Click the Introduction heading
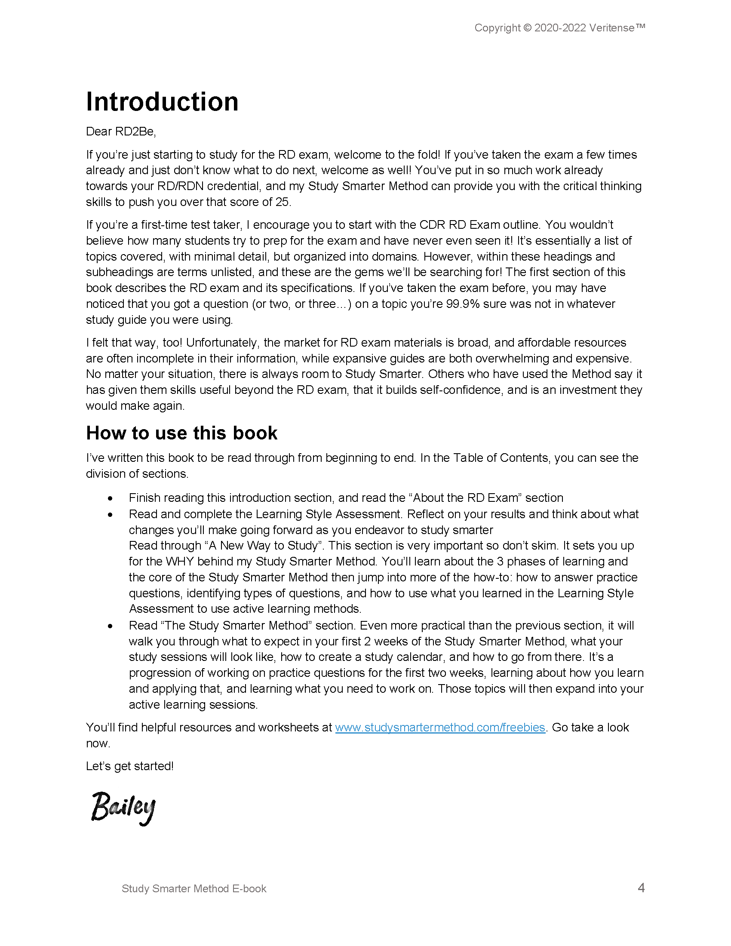(162, 102)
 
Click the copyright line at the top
(559, 28)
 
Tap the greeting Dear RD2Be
(121, 132)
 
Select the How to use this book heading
(181, 433)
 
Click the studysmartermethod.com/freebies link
(440, 727)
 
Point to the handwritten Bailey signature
(123, 808)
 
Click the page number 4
(641, 888)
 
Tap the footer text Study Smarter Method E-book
(193, 888)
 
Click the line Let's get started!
(129, 766)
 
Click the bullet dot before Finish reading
(111, 498)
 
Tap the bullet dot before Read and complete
(111, 515)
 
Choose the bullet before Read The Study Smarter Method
(111, 627)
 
